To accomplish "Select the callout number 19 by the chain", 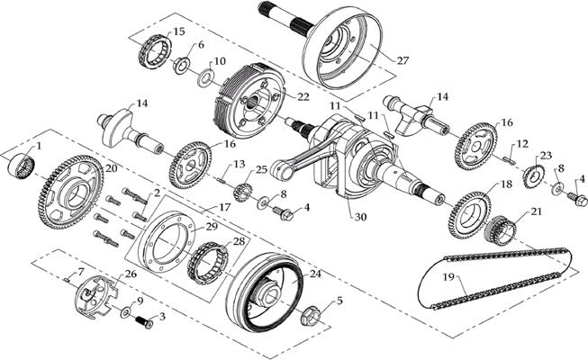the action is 448,277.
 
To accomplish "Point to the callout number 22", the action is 303,97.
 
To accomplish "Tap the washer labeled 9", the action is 126,312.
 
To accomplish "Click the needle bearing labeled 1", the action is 22,166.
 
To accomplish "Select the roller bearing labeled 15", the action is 156,51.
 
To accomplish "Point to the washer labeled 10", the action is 205,77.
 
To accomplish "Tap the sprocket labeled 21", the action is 500,229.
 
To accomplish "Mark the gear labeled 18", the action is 469,215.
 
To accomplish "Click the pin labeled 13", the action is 222,181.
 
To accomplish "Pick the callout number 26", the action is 131,274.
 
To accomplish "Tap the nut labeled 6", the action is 182,65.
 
